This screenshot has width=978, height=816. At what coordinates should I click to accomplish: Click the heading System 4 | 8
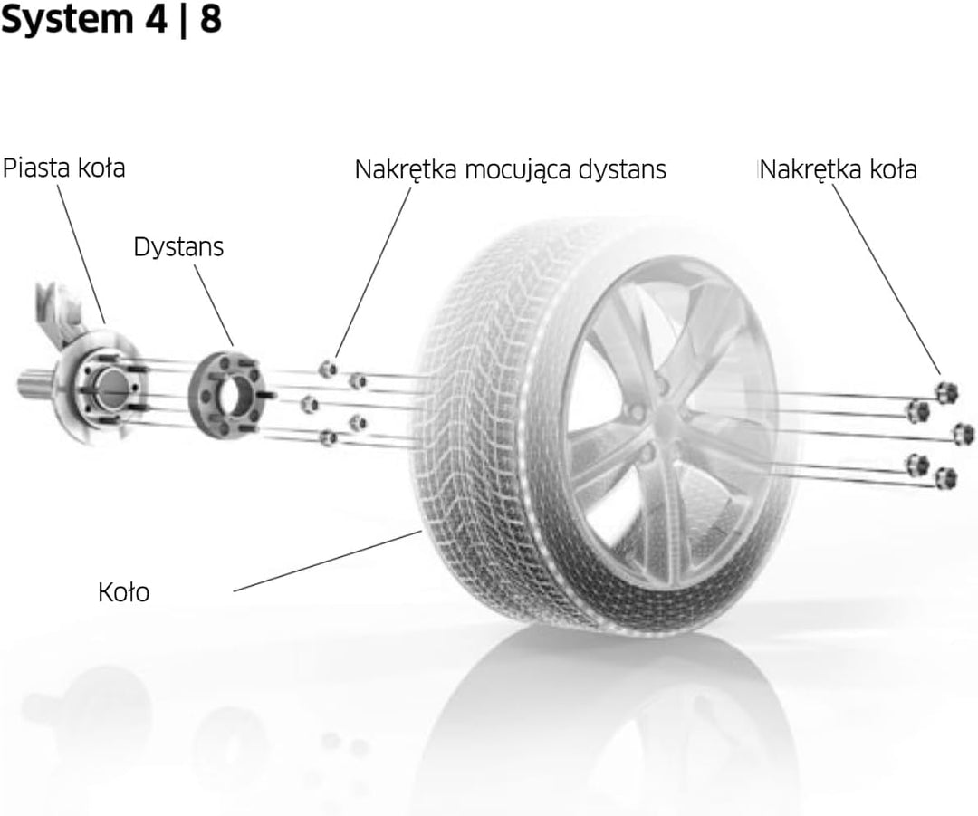(111, 20)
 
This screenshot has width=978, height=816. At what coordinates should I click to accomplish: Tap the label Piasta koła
(63, 168)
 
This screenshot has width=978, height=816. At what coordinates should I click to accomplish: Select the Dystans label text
(178, 247)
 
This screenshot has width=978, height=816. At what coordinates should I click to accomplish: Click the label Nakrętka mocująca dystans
(510, 169)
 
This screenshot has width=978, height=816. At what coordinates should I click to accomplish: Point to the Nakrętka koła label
(839, 169)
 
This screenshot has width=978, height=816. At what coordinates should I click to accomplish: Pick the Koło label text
(123, 592)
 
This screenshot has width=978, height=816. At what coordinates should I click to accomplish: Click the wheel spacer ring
(225, 396)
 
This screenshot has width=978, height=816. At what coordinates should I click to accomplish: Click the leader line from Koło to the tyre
(328, 561)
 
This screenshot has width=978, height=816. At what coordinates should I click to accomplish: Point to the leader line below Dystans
(214, 305)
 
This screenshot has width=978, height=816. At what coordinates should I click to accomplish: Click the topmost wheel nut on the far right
(947, 392)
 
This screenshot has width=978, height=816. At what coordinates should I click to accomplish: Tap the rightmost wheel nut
(964, 434)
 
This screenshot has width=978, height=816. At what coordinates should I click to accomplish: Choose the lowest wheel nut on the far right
(946, 478)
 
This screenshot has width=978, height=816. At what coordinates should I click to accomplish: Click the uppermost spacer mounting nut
(328, 369)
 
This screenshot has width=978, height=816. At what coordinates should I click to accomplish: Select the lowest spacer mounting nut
(328, 438)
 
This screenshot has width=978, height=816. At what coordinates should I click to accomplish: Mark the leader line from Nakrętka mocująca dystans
(373, 273)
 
